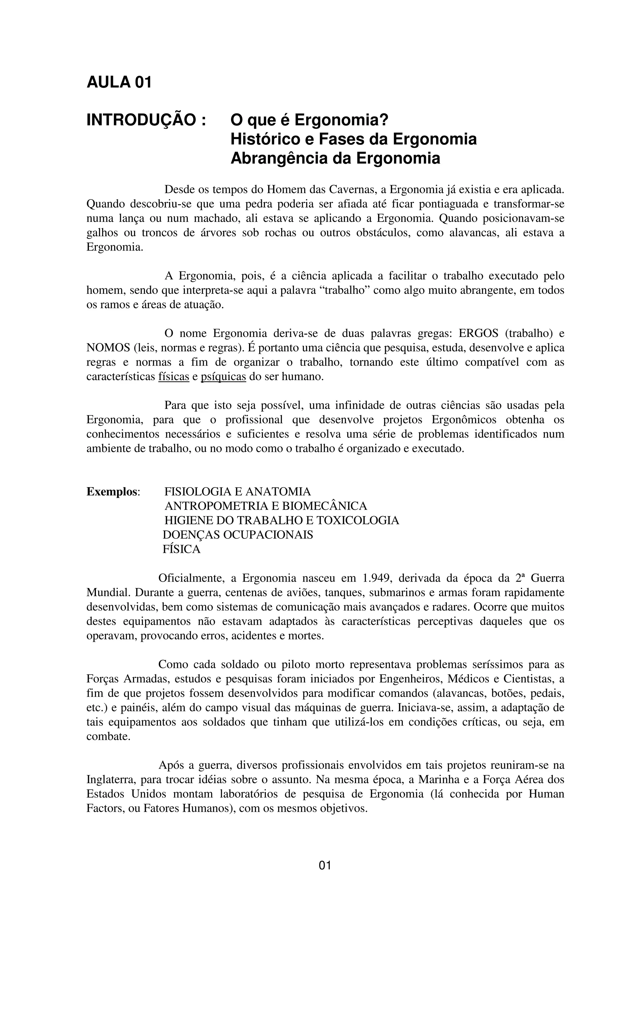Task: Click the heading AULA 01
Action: [x=119, y=82]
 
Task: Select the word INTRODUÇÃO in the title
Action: [x=141, y=120]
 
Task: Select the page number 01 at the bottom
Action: [x=325, y=865]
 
